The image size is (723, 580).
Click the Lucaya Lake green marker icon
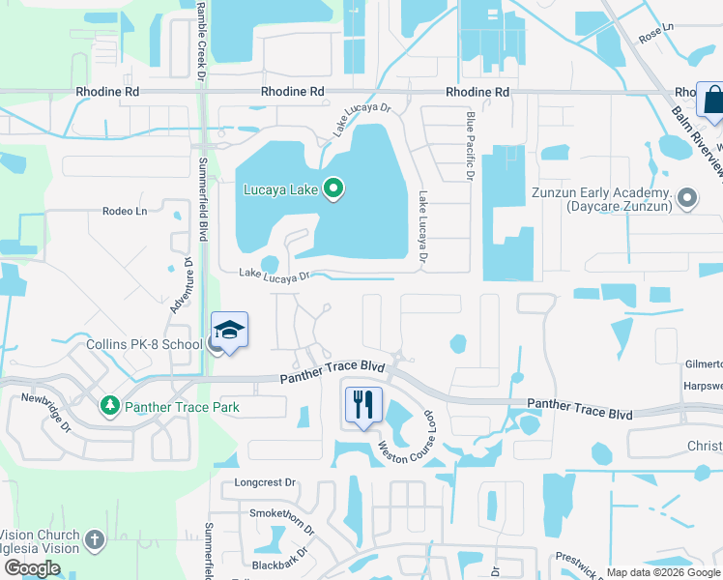click(333, 188)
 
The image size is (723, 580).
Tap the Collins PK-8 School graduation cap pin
click(229, 331)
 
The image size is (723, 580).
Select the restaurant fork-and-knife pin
click(363, 404)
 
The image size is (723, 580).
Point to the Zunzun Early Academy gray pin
click(687, 199)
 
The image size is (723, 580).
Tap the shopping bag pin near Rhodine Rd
click(713, 101)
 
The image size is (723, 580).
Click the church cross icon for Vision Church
click(94, 540)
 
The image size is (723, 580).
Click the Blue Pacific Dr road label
click(471, 146)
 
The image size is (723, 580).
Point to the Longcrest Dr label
click(264, 481)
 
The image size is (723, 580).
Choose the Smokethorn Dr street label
click(282, 523)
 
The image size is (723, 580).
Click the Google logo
click(32, 568)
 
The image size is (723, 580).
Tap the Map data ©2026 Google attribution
click(662, 572)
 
